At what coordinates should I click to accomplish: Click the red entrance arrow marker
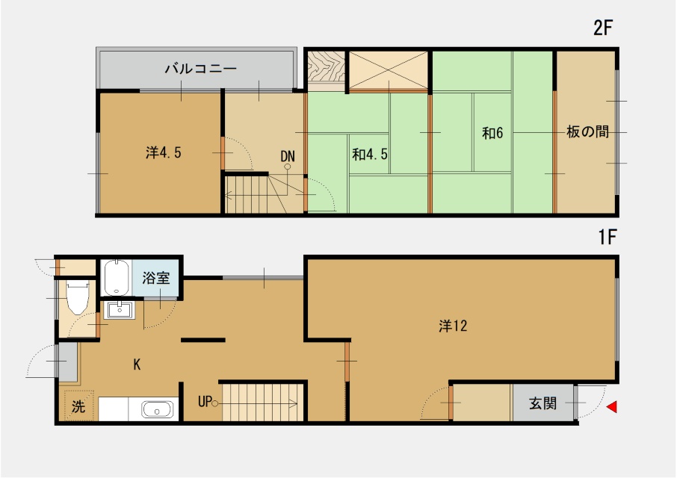[x=612, y=407]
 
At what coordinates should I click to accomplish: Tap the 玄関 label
[x=542, y=404]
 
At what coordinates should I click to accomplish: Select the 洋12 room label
[x=454, y=326]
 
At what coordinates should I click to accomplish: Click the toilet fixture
[x=77, y=299]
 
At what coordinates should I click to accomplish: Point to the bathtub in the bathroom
[x=115, y=279]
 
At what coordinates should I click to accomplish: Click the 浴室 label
[x=156, y=279]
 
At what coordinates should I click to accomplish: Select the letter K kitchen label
[x=137, y=364]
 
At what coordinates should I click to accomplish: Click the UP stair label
[x=205, y=401]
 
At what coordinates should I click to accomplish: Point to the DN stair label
[x=288, y=156]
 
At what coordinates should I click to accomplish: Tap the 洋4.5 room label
[x=164, y=153]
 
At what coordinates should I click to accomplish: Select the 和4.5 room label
[x=370, y=155]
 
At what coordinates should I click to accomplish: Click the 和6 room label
[x=492, y=134]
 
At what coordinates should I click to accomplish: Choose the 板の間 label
[x=587, y=133]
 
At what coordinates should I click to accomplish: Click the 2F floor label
[x=603, y=29]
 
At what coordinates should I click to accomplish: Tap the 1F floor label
[x=606, y=238]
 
